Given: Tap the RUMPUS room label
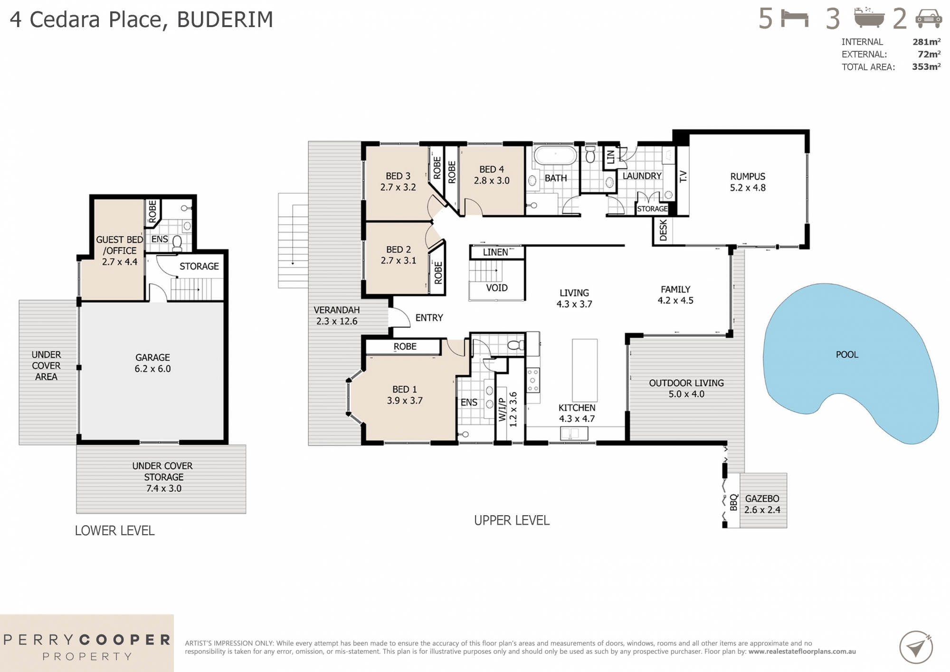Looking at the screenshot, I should click(x=748, y=182).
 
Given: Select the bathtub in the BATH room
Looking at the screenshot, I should click(x=555, y=155).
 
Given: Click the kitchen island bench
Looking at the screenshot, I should click(x=584, y=370).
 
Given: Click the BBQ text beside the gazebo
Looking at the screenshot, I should click(x=733, y=502).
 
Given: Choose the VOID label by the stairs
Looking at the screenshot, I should click(x=496, y=288).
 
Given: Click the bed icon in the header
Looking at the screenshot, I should click(x=795, y=19).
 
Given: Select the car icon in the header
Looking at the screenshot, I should click(x=928, y=19).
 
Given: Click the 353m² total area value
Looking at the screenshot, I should click(x=926, y=67).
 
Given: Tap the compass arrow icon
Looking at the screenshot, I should click(x=915, y=647).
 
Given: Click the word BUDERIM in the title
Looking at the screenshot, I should click(x=225, y=19).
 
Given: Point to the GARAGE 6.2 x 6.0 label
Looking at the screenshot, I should click(x=152, y=363).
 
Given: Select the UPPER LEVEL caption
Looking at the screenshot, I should click(x=512, y=520).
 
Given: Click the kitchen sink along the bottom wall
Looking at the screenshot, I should click(x=574, y=433).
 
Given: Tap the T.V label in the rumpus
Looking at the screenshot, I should click(x=683, y=176).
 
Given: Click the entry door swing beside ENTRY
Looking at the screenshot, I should click(x=400, y=317).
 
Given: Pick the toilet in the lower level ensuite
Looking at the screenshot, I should click(x=177, y=243).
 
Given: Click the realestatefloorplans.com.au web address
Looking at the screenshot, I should click(x=802, y=652).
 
